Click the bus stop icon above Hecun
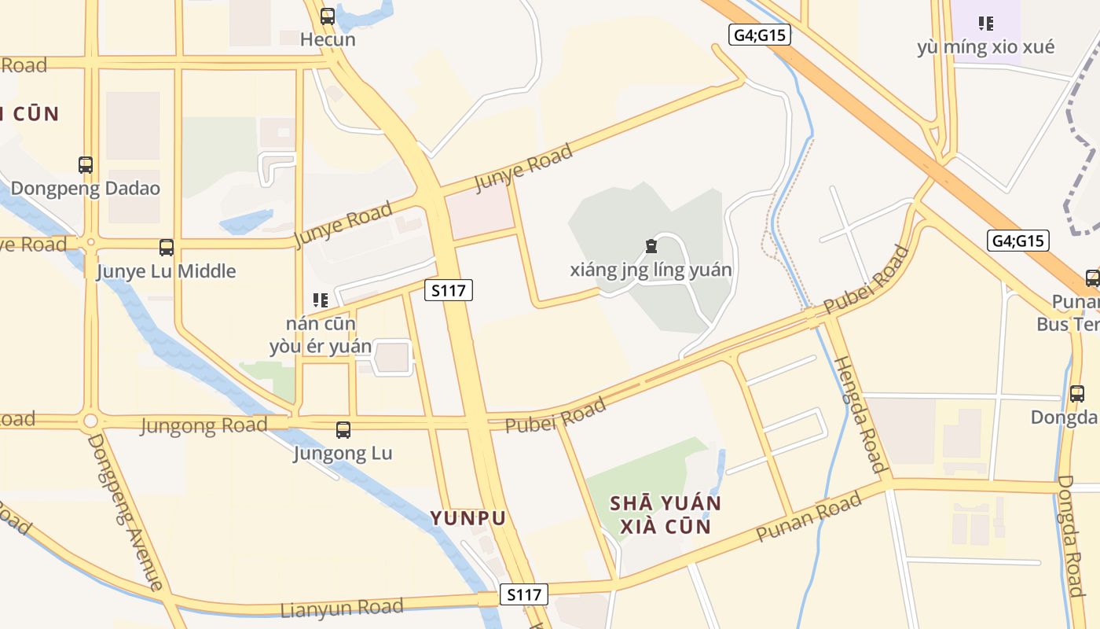tap(328, 16)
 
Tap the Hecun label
tap(328, 39)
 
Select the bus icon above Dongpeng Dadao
tap(86, 165)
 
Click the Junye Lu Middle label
tap(166, 271)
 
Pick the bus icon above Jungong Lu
tap(343, 430)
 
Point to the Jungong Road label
tap(203, 426)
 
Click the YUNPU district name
tap(468, 518)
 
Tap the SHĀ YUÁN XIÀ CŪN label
tap(665, 514)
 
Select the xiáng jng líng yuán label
tap(651, 270)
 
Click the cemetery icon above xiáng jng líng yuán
tap(651, 247)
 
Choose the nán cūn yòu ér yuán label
tap(321, 335)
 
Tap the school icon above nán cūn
tap(320, 300)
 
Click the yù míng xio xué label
tap(985, 47)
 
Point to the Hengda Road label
tap(859, 414)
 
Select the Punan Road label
tap(808, 517)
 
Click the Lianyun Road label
tap(342, 609)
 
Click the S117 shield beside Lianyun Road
tap(524, 594)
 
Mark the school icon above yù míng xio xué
tap(985, 24)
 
